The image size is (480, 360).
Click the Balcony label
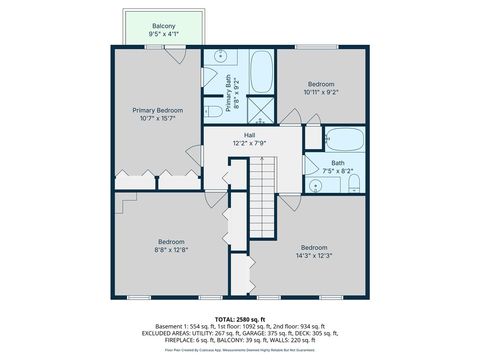164,25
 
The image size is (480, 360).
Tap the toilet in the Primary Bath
213,111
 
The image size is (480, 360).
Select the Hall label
250,135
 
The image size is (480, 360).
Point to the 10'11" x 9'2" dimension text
320,93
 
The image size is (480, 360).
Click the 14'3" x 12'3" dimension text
314,256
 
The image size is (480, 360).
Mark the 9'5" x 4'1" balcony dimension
164,34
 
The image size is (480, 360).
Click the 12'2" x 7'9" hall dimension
250,144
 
